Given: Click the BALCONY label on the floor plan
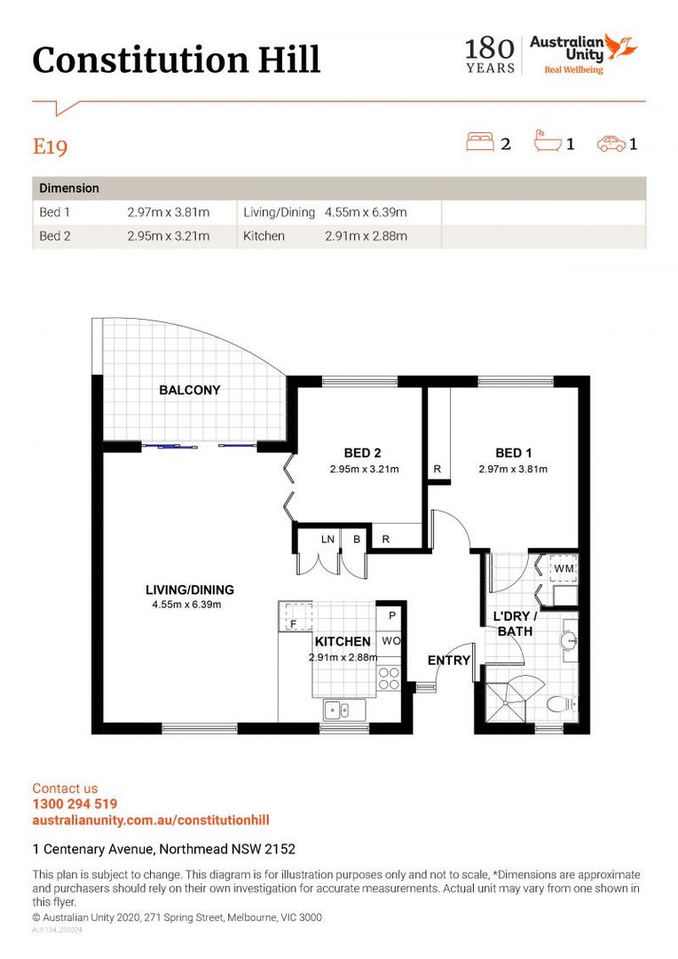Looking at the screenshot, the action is coord(190,390).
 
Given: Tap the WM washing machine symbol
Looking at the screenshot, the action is coord(563,568).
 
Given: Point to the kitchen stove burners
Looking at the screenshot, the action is coord(389,678).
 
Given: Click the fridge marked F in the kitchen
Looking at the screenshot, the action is coord(296,616).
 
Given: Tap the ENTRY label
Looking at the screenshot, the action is coord(449,660).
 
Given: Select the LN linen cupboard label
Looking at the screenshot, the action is coord(327,540).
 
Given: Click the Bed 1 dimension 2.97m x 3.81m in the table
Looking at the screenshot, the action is coord(168,212).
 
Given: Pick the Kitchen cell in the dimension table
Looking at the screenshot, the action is coord(264,236).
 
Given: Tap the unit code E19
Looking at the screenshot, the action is coord(50,147).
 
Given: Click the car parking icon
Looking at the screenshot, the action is coord(611,144).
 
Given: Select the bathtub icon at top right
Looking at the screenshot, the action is coord(548,141).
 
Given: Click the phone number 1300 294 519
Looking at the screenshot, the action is coord(75,804).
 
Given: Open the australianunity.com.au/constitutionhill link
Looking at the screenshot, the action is coord(151,820).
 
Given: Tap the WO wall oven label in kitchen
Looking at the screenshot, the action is coord(391,641).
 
